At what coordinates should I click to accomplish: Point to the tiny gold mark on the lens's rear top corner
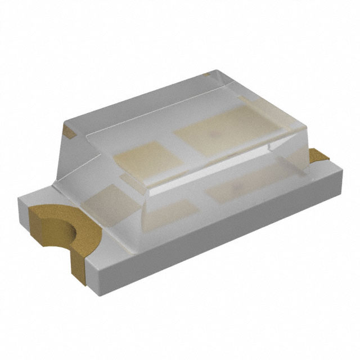pyautogui.click(x=206, y=74)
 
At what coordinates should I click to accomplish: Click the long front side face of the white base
pyautogui.click(x=214, y=236)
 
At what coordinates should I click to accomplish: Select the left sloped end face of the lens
pyautogui.click(x=76, y=152)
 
